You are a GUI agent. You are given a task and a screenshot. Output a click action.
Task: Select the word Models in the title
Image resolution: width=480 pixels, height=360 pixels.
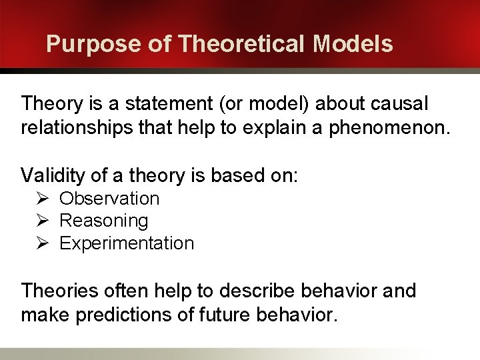(353, 44)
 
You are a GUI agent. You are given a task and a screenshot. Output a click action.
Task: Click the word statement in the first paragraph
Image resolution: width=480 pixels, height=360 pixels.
(163, 104)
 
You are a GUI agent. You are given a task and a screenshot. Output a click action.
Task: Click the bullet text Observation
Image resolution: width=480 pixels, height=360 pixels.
(109, 199)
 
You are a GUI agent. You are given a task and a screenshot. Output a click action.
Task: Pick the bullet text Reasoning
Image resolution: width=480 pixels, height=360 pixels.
(104, 221)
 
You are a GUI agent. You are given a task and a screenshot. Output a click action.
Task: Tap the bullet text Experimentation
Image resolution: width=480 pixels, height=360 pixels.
(127, 243)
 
